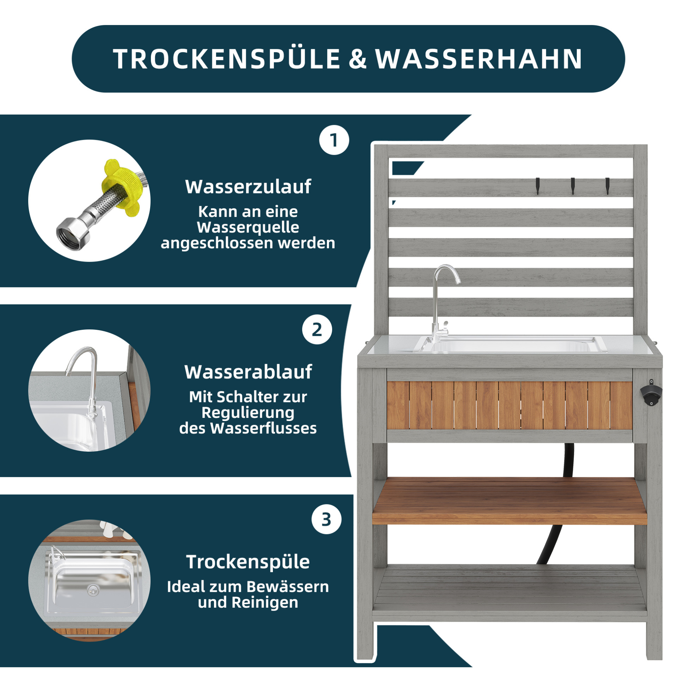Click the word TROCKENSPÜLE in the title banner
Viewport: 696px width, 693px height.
[227, 59]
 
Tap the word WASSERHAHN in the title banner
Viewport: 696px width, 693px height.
[479, 59]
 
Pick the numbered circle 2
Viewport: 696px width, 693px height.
[317, 329]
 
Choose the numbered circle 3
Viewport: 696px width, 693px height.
[326, 519]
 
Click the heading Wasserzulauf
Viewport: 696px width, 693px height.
[248, 186]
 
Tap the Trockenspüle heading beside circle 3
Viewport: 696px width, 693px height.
[248, 562]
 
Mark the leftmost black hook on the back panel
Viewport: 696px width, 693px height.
[538, 185]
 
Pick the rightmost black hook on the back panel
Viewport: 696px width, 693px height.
[608, 185]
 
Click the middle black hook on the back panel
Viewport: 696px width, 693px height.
[573, 185]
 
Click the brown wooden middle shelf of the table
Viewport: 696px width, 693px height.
[509, 501]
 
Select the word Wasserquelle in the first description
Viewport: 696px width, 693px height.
[248, 228]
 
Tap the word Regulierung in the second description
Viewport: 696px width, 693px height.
[248, 413]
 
